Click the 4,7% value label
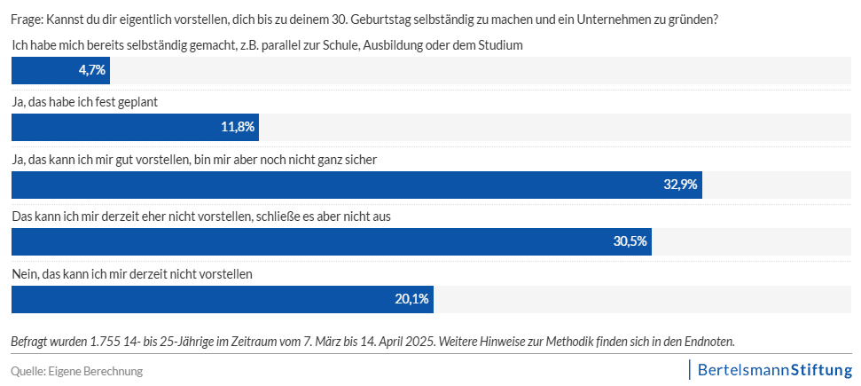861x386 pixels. click(92, 70)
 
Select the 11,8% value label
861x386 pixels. click(238, 127)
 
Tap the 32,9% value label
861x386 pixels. click(681, 185)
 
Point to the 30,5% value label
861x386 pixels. click(630, 241)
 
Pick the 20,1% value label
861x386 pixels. click(412, 299)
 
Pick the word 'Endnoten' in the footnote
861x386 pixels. click(708, 341)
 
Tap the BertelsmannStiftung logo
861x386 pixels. click(773, 369)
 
